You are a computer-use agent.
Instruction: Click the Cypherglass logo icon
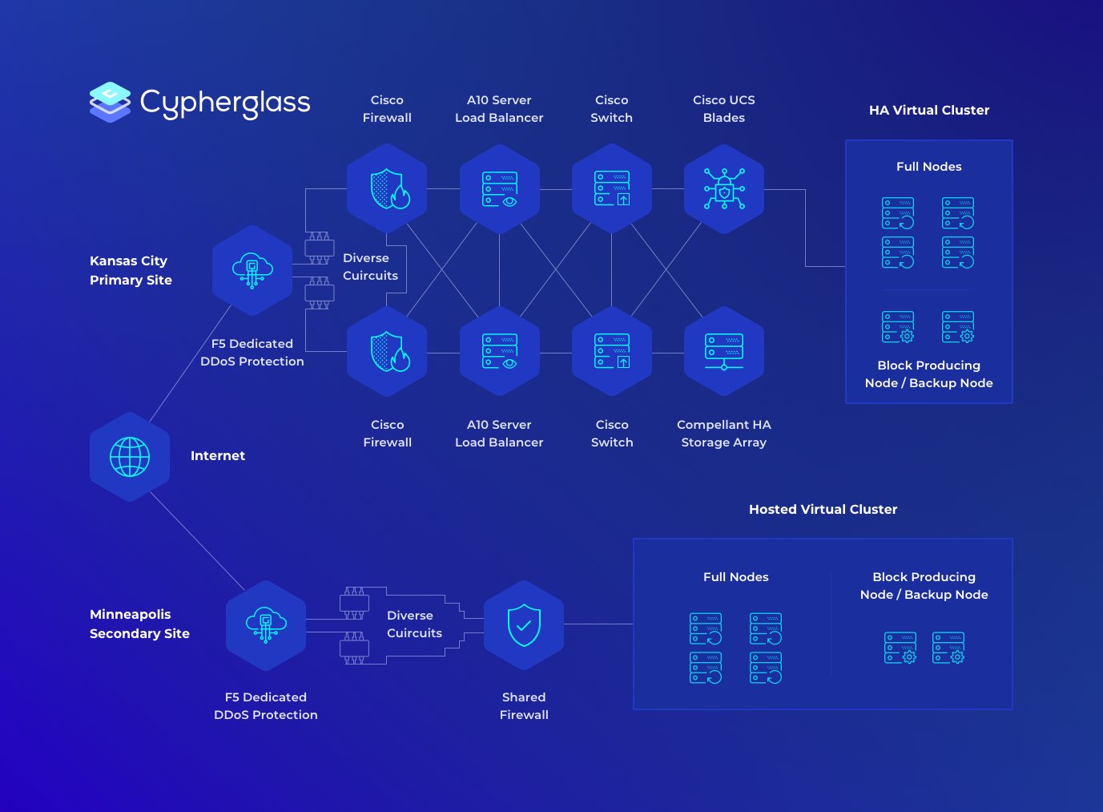click(110, 102)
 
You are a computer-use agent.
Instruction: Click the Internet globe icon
click(130, 457)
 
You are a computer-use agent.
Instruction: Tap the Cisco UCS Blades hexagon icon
click(724, 189)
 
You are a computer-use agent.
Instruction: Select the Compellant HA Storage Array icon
click(724, 351)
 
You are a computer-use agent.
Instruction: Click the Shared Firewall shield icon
click(524, 625)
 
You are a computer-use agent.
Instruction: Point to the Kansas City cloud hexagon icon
click(252, 270)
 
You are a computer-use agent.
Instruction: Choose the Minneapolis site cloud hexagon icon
click(266, 625)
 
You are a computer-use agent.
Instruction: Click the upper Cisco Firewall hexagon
click(388, 189)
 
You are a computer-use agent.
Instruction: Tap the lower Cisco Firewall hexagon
click(388, 351)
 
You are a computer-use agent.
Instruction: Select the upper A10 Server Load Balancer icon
click(500, 189)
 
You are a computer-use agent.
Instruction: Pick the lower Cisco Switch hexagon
click(612, 351)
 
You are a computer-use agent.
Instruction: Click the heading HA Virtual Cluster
click(929, 111)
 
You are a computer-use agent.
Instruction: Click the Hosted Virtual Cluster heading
click(823, 510)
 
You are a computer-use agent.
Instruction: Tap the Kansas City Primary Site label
click(131, 270)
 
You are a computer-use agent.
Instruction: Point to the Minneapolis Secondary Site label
click(139, 624)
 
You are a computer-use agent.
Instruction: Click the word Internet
click(218, 456)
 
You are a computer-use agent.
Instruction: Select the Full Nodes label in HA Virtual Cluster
click(929, 167)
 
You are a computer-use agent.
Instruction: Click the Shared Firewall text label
click(524, 706)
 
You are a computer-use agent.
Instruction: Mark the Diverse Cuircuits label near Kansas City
click(370, 267)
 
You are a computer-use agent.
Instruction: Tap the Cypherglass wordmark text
click(225, 103)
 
